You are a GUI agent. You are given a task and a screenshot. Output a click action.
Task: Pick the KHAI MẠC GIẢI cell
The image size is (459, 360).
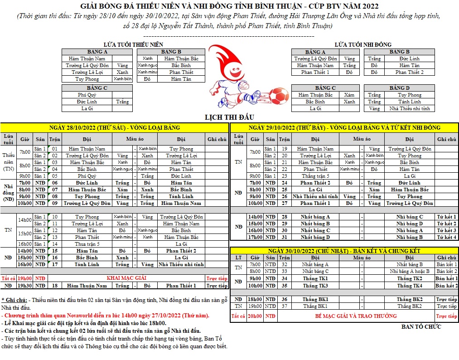126,278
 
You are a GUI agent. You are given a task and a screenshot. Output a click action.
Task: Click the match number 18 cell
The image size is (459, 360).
54,286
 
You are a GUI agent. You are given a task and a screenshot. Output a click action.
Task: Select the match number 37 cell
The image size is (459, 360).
284,306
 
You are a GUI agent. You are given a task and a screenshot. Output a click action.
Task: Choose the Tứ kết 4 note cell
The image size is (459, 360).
446,237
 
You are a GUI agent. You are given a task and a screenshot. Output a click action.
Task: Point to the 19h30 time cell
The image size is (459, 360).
24,286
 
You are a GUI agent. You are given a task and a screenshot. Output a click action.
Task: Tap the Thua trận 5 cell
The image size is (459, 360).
87,244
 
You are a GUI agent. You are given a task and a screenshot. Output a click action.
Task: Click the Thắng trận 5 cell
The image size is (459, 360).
315,176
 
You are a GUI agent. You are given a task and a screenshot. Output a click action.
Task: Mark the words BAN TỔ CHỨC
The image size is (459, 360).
421,326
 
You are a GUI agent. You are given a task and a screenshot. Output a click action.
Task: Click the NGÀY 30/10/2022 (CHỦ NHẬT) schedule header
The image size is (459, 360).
343,251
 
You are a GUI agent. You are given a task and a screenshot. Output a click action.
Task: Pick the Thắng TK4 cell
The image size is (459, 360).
410,286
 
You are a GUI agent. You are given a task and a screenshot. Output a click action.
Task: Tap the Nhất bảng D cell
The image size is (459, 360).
315,237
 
